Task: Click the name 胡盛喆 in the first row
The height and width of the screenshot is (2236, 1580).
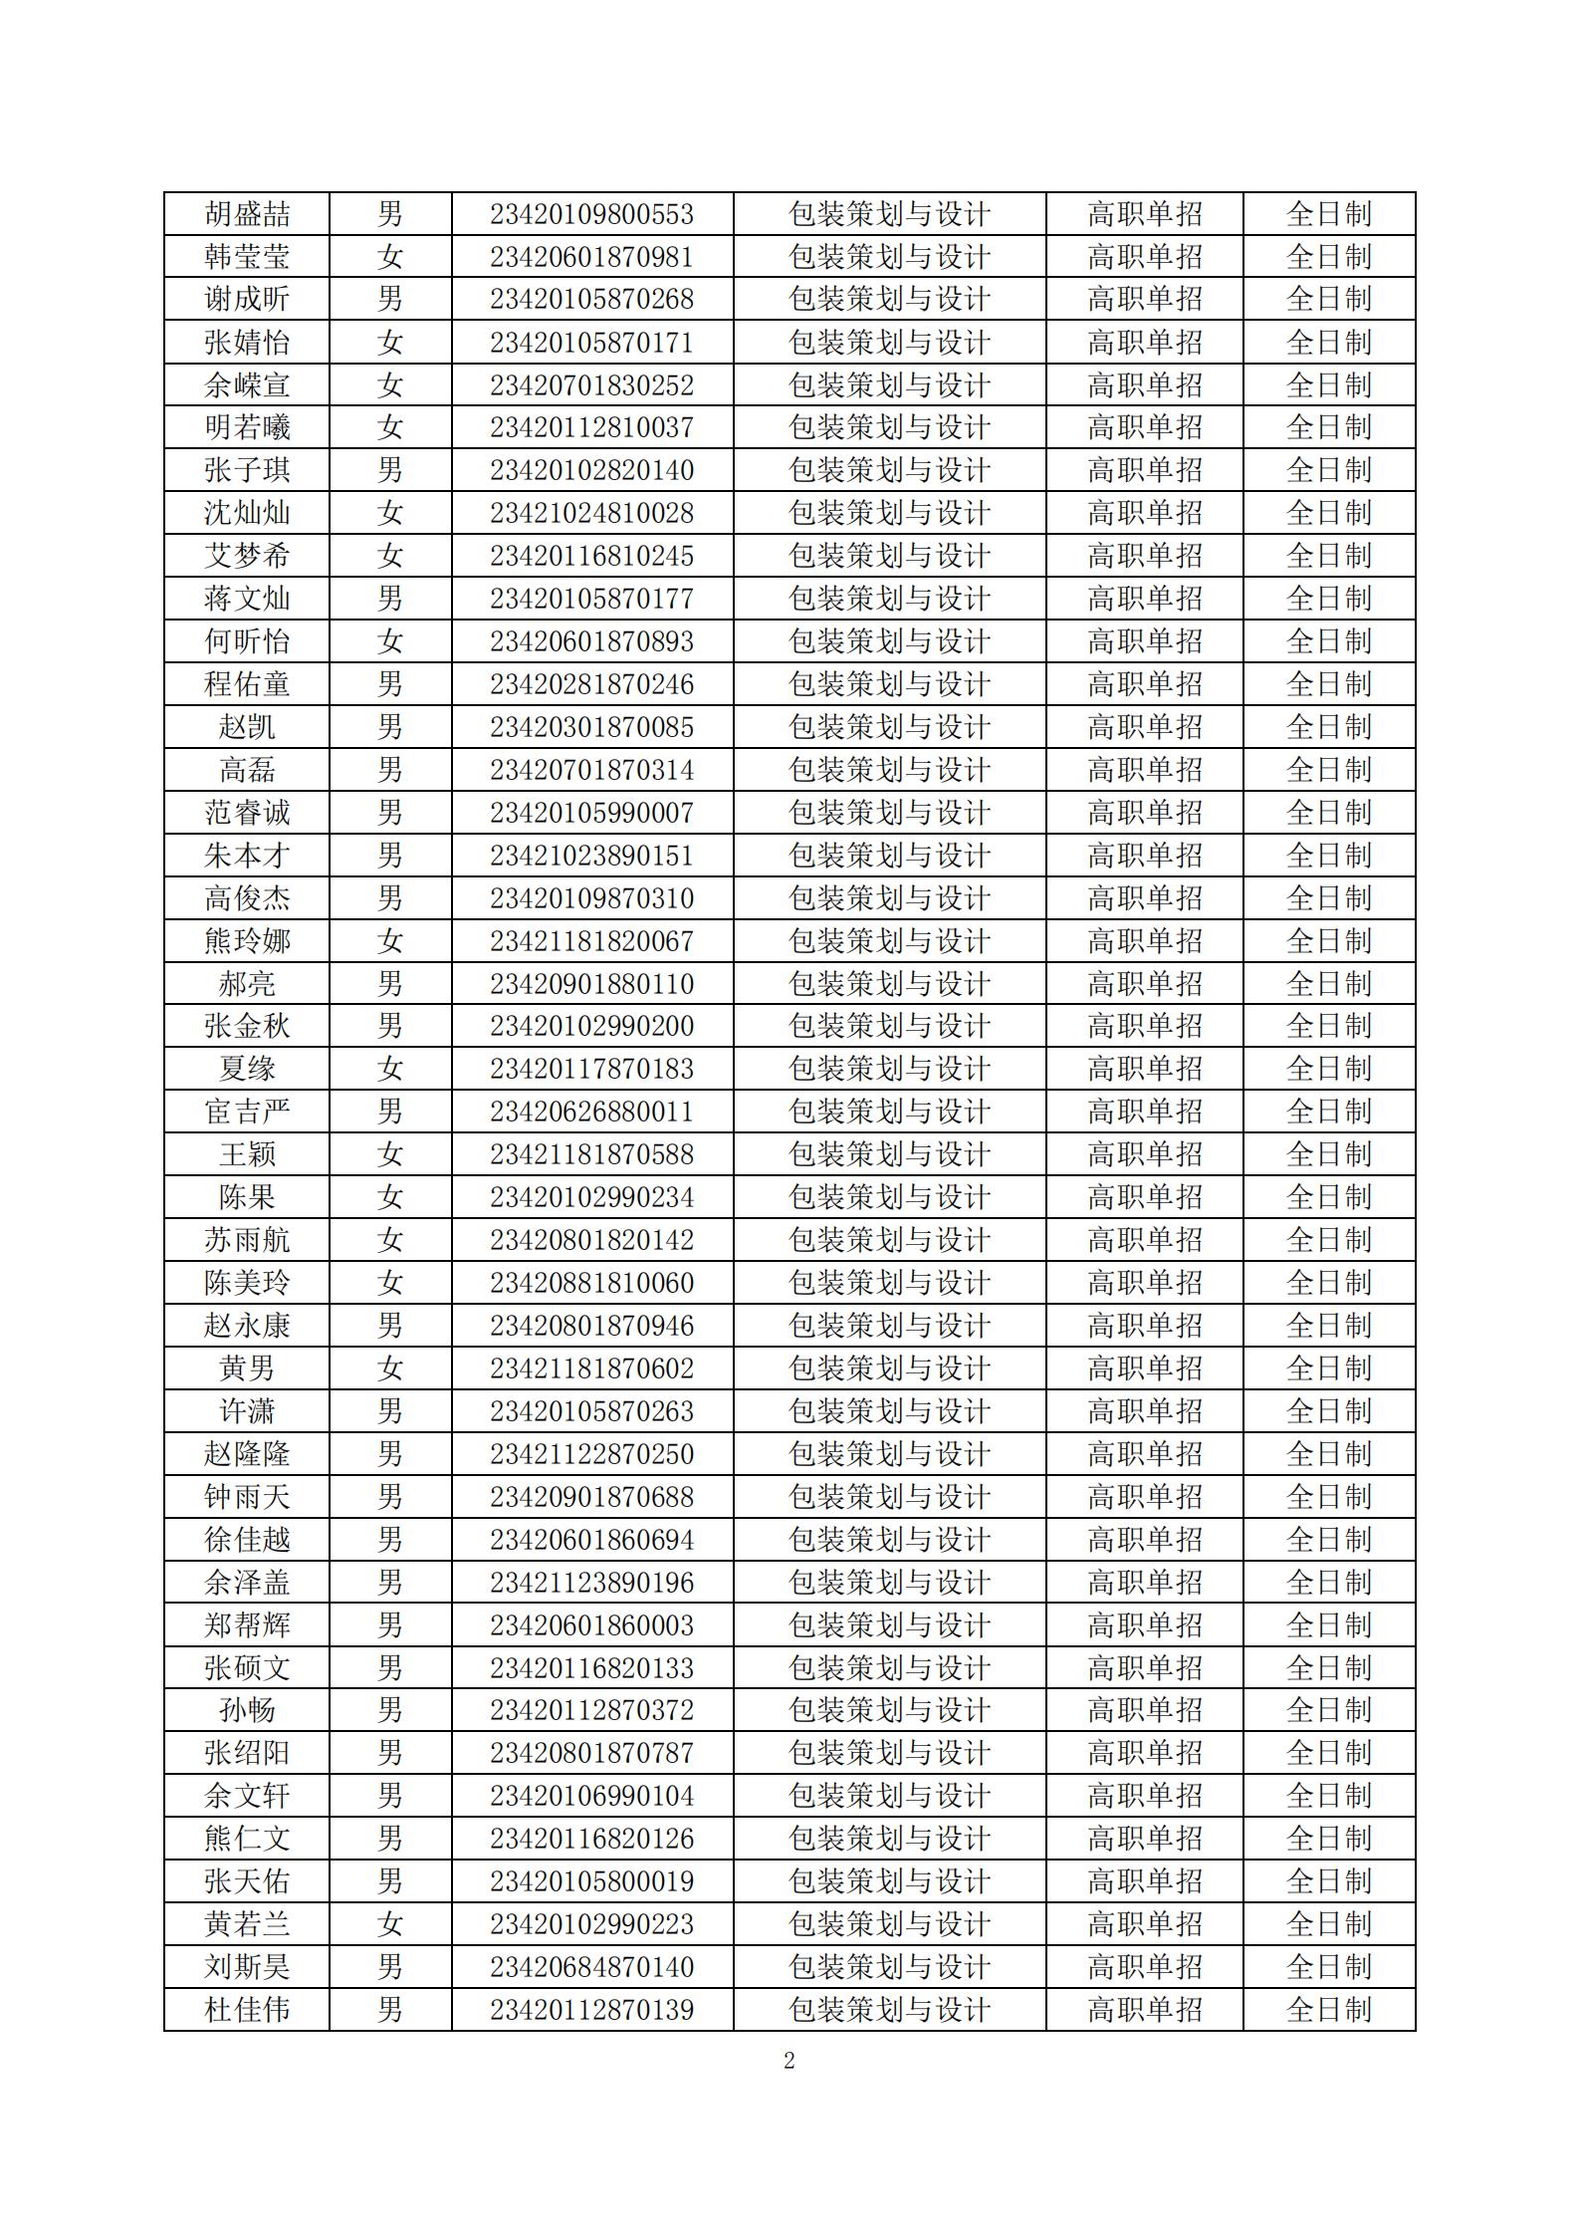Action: [247, 214]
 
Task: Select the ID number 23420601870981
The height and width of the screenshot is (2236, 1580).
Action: [591, 257]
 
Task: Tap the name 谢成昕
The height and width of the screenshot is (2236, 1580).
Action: [247, 300]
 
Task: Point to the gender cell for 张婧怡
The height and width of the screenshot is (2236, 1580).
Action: [390, 343]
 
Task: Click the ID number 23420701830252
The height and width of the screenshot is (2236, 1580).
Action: [591, 385]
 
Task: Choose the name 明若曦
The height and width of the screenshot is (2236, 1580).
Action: [247, 428]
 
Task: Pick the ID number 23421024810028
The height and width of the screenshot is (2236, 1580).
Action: [591, 514]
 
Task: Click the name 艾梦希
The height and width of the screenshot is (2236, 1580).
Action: [247, 556]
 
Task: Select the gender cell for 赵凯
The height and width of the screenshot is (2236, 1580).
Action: [390, 727]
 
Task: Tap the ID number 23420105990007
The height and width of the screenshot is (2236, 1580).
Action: [591, 813]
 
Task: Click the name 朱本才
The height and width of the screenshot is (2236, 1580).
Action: [247, 856]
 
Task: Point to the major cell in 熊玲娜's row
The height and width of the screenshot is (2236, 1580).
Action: [889, 941]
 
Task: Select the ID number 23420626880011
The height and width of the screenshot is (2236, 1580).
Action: [591, 1112]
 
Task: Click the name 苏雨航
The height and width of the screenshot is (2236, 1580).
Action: [247, 1240]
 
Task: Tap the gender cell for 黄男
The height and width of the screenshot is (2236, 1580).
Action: [390, 1368]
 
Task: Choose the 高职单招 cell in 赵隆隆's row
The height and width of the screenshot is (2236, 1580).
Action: [1144, 1454]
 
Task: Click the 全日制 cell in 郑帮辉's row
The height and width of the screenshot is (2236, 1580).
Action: [1329, 1625]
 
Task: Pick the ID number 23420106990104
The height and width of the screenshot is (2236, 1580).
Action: [591, 1796]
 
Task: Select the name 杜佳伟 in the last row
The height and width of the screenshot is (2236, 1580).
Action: [247, 2010]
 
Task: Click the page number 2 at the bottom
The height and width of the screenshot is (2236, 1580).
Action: [790, 2061]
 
